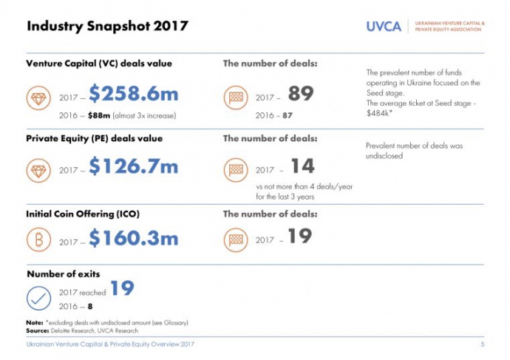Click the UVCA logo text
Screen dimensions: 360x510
click(384, 26)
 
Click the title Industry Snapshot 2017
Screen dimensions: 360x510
click(107, 27)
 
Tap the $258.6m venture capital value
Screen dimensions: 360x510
click(134, 94)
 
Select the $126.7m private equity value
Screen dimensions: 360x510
click(134, 167)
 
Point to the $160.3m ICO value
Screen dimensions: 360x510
click(134, 238)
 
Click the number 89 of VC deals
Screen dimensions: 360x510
click(301, 94)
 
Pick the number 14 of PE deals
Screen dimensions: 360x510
click(303, 166)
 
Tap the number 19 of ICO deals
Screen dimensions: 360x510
click(300, 237)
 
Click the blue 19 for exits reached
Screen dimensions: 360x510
click(122, 288)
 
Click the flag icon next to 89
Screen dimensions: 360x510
click(236, 98)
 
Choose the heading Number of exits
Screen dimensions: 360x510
click(64, 274)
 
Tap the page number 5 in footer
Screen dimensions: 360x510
click(482, 345)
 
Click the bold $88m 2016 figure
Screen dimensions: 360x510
click(101, 115)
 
